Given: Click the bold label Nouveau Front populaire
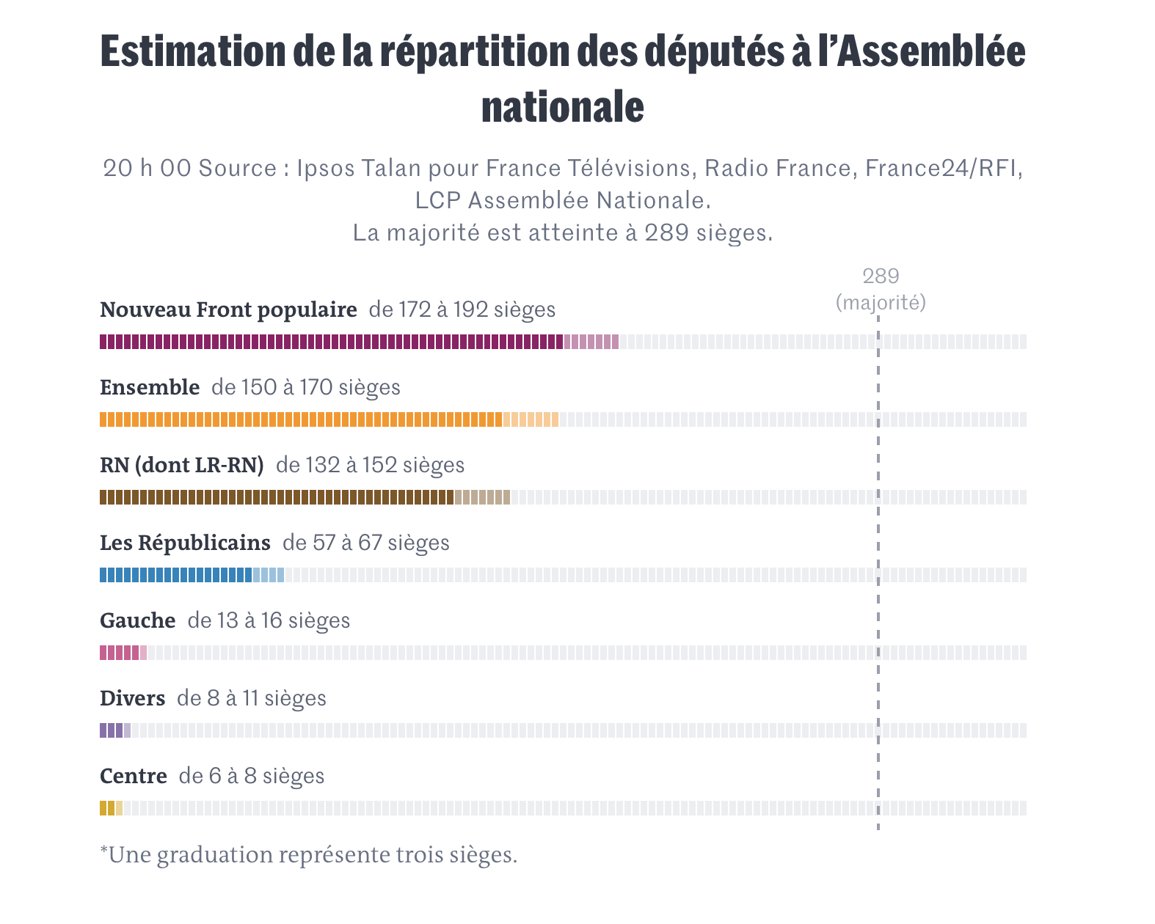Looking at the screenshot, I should point(228,310).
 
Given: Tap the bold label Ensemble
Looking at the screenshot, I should point(150,388).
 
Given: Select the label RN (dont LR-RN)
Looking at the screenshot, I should point(181,466).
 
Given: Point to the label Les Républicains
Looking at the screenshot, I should point(185,543).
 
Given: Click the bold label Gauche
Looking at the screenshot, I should point(137,621).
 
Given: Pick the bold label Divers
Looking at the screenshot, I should point(132,699).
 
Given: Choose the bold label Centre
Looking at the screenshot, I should point(134,777).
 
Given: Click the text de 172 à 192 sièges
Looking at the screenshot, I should point(462,310).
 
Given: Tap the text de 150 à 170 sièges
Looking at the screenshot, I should point(306,388).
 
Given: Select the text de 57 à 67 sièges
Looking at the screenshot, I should point(366,543).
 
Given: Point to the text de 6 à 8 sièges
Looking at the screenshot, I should point(252,777).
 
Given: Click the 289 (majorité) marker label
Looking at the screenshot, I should point(881,290).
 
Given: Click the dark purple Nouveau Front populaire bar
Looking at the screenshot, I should point(331,342).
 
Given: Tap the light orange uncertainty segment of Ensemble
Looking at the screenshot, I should point(531,419).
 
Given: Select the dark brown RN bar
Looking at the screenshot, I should point(277,497).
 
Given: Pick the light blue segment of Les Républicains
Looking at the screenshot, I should point(269,575).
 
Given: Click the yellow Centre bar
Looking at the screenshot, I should point(107,808).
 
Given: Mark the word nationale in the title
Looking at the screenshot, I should point(563,107).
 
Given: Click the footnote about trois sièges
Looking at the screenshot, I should point(308,855).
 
